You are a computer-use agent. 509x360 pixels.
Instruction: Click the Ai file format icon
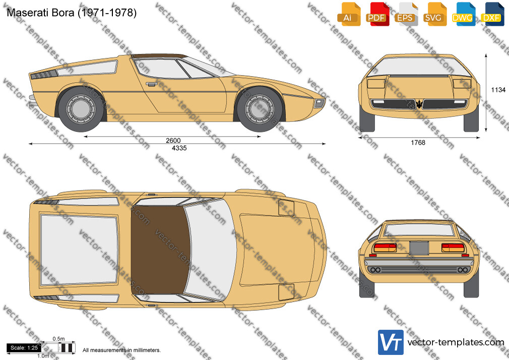click(x=348, y=14)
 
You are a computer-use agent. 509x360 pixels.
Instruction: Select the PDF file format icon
click(x=377, y=14)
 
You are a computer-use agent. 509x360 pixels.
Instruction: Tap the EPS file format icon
click(x=406, y=14)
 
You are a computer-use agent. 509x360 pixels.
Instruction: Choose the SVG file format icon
click(x=434, y=14)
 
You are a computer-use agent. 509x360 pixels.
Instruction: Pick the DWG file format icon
click(x=463, y=14)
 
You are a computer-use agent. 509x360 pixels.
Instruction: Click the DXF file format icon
click(x=492, y=14)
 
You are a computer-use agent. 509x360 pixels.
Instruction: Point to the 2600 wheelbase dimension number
click(x=173, y=140)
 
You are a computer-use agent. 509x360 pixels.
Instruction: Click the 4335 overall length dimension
click(x=179, y=148)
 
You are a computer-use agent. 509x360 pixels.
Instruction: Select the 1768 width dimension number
click(x=418, y=143)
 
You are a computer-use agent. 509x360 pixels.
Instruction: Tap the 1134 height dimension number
click(x=498, y=90)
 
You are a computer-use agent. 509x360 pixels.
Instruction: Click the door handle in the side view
click(x=151, y=84)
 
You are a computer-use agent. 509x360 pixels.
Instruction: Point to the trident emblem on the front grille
click(x=419, y=104)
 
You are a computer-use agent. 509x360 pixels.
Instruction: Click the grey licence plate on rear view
click(x=419, y=248)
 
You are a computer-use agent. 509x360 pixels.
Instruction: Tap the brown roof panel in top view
click(x=160, y=249)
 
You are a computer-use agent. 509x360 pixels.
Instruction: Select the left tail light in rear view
click(x=385, y=248)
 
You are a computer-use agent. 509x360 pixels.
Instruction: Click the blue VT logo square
click(x=391, y=342)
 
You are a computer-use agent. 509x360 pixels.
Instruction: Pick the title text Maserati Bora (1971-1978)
click(x=72, y=13)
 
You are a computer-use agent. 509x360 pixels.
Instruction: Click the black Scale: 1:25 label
click(x=24, y=348)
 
